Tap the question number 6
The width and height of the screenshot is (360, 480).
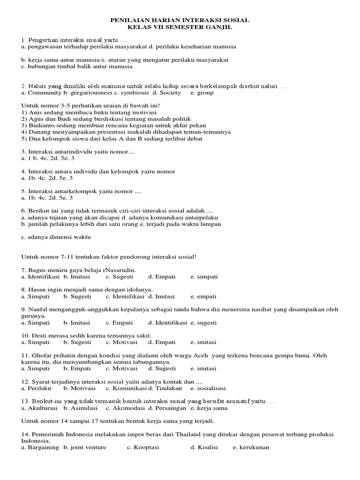point(23,211)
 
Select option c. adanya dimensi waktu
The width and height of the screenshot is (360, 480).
point(56,237)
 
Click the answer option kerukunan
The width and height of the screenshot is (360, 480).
point(254,447)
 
